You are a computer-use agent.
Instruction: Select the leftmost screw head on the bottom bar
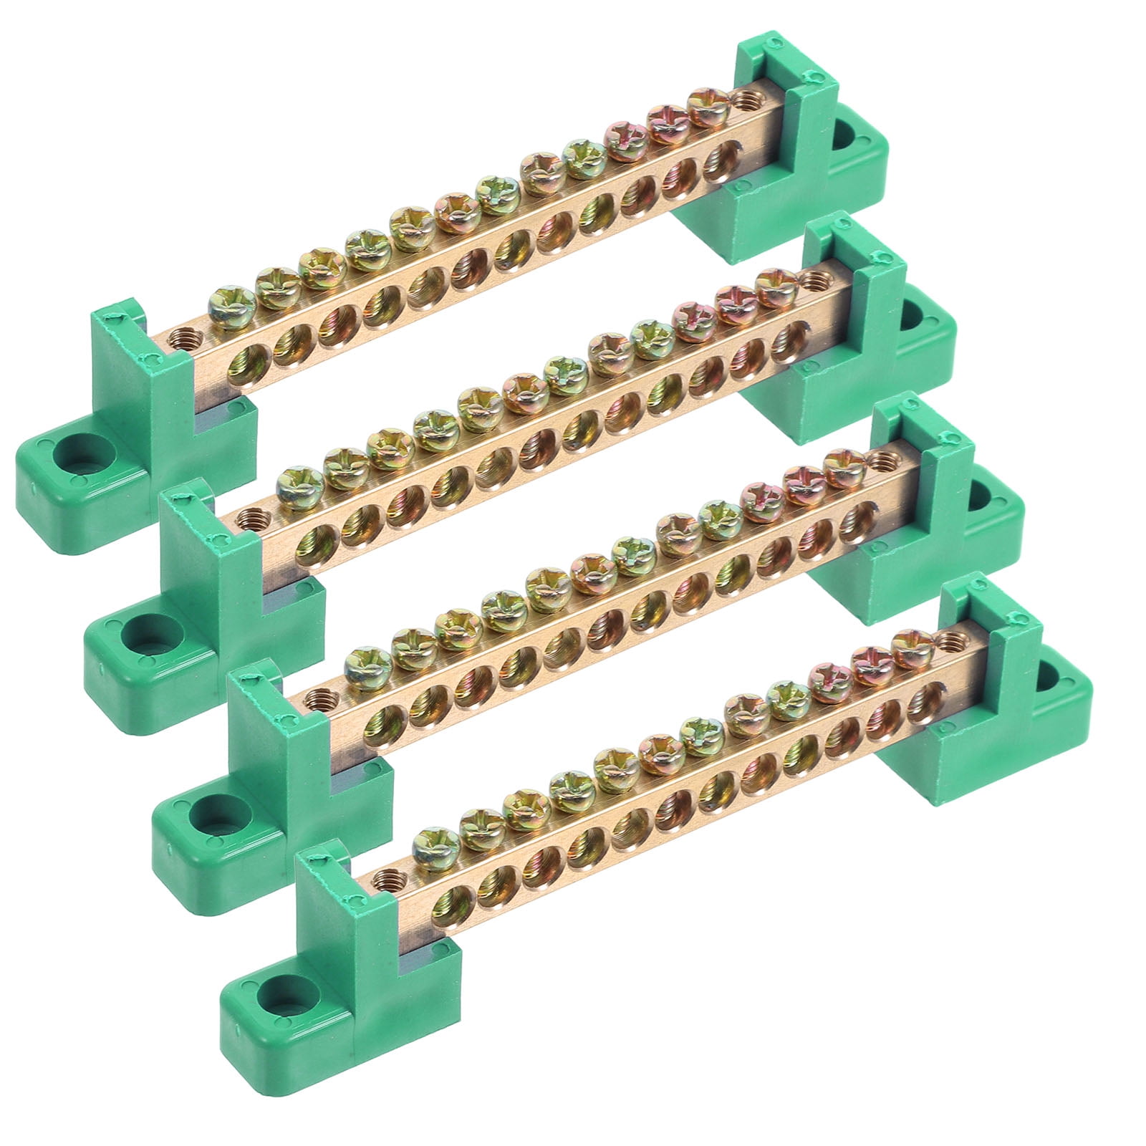[x=436, y=845]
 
